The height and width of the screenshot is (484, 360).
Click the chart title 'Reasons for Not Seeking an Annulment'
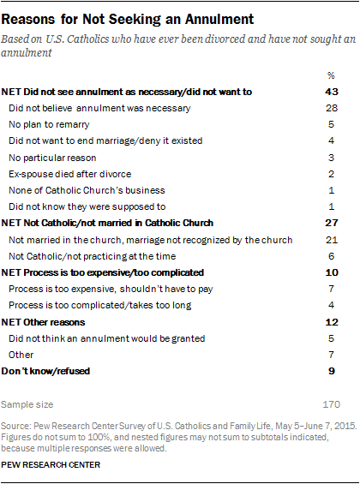click(128, 20)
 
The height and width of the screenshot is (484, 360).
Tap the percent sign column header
click(331, 75)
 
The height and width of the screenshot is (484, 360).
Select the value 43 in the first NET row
click(332, 92)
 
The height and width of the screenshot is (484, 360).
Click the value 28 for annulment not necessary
click(332, 108)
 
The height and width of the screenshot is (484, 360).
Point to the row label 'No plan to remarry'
click(49, 124)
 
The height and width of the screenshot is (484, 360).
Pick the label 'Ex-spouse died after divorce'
click(70, 174)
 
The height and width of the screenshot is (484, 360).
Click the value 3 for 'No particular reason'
click(332, 158)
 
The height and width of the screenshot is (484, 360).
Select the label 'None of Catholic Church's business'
click(87, 190)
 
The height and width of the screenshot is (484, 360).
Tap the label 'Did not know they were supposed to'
click(87, 206)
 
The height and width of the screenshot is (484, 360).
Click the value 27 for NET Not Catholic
click(332, 223)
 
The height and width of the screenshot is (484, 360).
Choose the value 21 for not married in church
click(332, 240)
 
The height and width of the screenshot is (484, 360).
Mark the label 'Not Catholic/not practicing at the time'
click(93, 256)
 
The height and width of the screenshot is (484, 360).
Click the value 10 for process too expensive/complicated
click(332, 272)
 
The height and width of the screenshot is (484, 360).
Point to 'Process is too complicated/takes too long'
click(100, 305)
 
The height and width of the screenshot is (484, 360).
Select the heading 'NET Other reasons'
click(43, 322)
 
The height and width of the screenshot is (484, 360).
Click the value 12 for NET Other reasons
click(332, 322)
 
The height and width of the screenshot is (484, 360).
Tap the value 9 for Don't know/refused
click(332, 371)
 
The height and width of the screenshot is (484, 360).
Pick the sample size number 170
click(332, 404)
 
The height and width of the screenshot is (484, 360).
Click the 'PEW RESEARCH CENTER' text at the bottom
click(51, 465)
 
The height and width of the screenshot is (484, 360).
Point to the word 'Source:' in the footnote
click(15, 426)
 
